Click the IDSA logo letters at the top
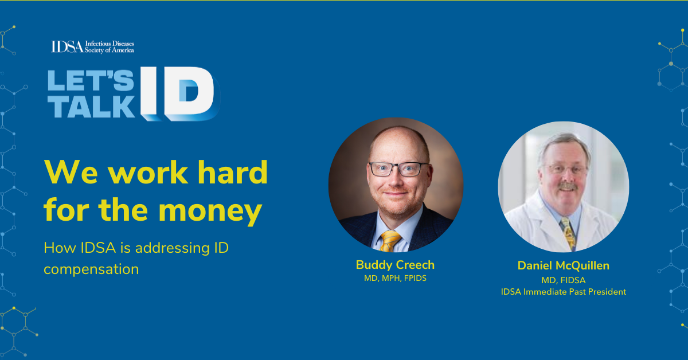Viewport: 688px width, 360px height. (67, 46)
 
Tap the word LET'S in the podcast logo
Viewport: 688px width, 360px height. (91, 80)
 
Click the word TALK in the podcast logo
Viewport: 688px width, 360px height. (91, 107)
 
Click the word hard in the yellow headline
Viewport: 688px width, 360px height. (233, 173)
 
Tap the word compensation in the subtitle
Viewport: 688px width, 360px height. (91, 269)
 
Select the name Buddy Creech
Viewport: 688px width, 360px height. (395, 265)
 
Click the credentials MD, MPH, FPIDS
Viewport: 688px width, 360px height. (395, 278)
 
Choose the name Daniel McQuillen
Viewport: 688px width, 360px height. (563, 265)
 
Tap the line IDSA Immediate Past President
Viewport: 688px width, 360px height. (563, 292)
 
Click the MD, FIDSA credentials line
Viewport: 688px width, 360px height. (563, 280)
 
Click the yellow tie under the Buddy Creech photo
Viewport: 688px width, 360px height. (389, 241)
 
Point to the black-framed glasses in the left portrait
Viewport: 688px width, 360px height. (398, 169)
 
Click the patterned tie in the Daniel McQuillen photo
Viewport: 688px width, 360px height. (568, 233)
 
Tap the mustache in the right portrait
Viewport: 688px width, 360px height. (567, 186)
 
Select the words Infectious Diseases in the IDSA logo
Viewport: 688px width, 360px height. (110, 44)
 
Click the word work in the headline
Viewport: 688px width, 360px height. (147, 173)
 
